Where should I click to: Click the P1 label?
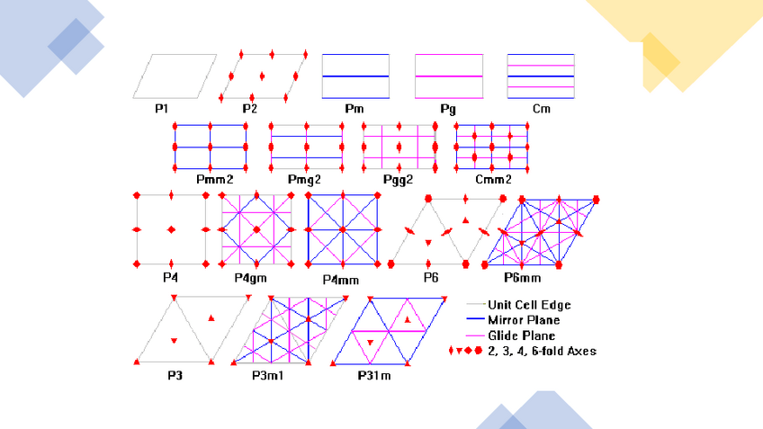click(x=161, y=109)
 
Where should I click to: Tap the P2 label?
click(x=250, y=109)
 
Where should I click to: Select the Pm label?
click(x=355, y=109)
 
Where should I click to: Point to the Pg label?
click(x=448, y=109)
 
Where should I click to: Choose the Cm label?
click(x=541, y=109)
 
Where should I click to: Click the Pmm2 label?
click(x=211, y=180)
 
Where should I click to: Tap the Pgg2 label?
click(x=396, y=180)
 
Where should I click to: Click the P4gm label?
click(x=250, y=278)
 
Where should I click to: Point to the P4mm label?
click(x=342, y=280)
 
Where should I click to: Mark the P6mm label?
click(x=523, y=278)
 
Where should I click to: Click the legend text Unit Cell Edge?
click(x=529, y=305)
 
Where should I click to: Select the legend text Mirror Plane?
click(x=524, y=320)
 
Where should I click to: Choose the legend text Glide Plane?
click(x=521, y=335)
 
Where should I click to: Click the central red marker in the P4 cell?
click(x=171, y=230)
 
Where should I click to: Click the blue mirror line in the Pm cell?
click(x=355, y=76)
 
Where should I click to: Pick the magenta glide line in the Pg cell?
click(x=448, y=76)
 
